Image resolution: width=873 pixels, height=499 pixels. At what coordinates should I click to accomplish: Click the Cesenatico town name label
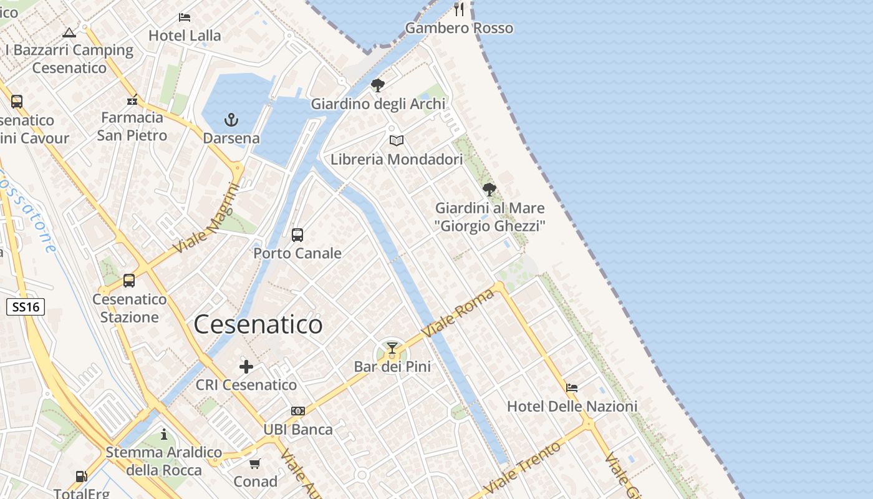point(258,324)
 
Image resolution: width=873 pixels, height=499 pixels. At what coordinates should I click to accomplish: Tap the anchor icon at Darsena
point(231,119)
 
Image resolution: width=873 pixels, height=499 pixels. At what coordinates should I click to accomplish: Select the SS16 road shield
point(26,306)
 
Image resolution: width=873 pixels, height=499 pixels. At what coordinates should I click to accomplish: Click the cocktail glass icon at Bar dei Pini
point(392,348)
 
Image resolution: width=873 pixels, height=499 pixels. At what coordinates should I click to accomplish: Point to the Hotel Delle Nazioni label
point(572,407)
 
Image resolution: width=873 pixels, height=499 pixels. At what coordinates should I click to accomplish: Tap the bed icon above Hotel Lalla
point(185,17)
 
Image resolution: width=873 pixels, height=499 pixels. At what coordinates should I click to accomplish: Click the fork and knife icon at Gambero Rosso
point(460,9)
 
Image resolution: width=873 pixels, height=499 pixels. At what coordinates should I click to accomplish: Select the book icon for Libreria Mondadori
point(397,140)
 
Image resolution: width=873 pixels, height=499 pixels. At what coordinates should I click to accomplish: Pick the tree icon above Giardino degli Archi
point(377,85)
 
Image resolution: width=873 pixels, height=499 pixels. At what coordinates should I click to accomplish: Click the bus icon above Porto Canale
point(297,235)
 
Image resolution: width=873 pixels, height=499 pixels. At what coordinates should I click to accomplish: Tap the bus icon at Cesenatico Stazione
point(129,281)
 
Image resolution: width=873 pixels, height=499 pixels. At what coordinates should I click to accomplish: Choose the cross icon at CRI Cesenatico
point(246,366)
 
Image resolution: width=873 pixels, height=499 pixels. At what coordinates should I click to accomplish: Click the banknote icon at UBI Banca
point(298,411)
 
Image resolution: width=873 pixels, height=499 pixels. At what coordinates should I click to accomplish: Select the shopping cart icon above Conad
point(255,463)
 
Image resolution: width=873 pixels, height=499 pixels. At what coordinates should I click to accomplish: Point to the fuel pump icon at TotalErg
point(81,477)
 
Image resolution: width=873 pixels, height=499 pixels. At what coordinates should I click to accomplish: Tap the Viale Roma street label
point(458,313)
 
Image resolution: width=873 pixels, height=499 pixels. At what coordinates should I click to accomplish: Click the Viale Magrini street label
point(206,218)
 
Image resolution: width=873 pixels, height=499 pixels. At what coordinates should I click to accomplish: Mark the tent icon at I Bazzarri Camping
point(69,32)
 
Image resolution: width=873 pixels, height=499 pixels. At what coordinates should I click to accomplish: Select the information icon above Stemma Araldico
point(164,434)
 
